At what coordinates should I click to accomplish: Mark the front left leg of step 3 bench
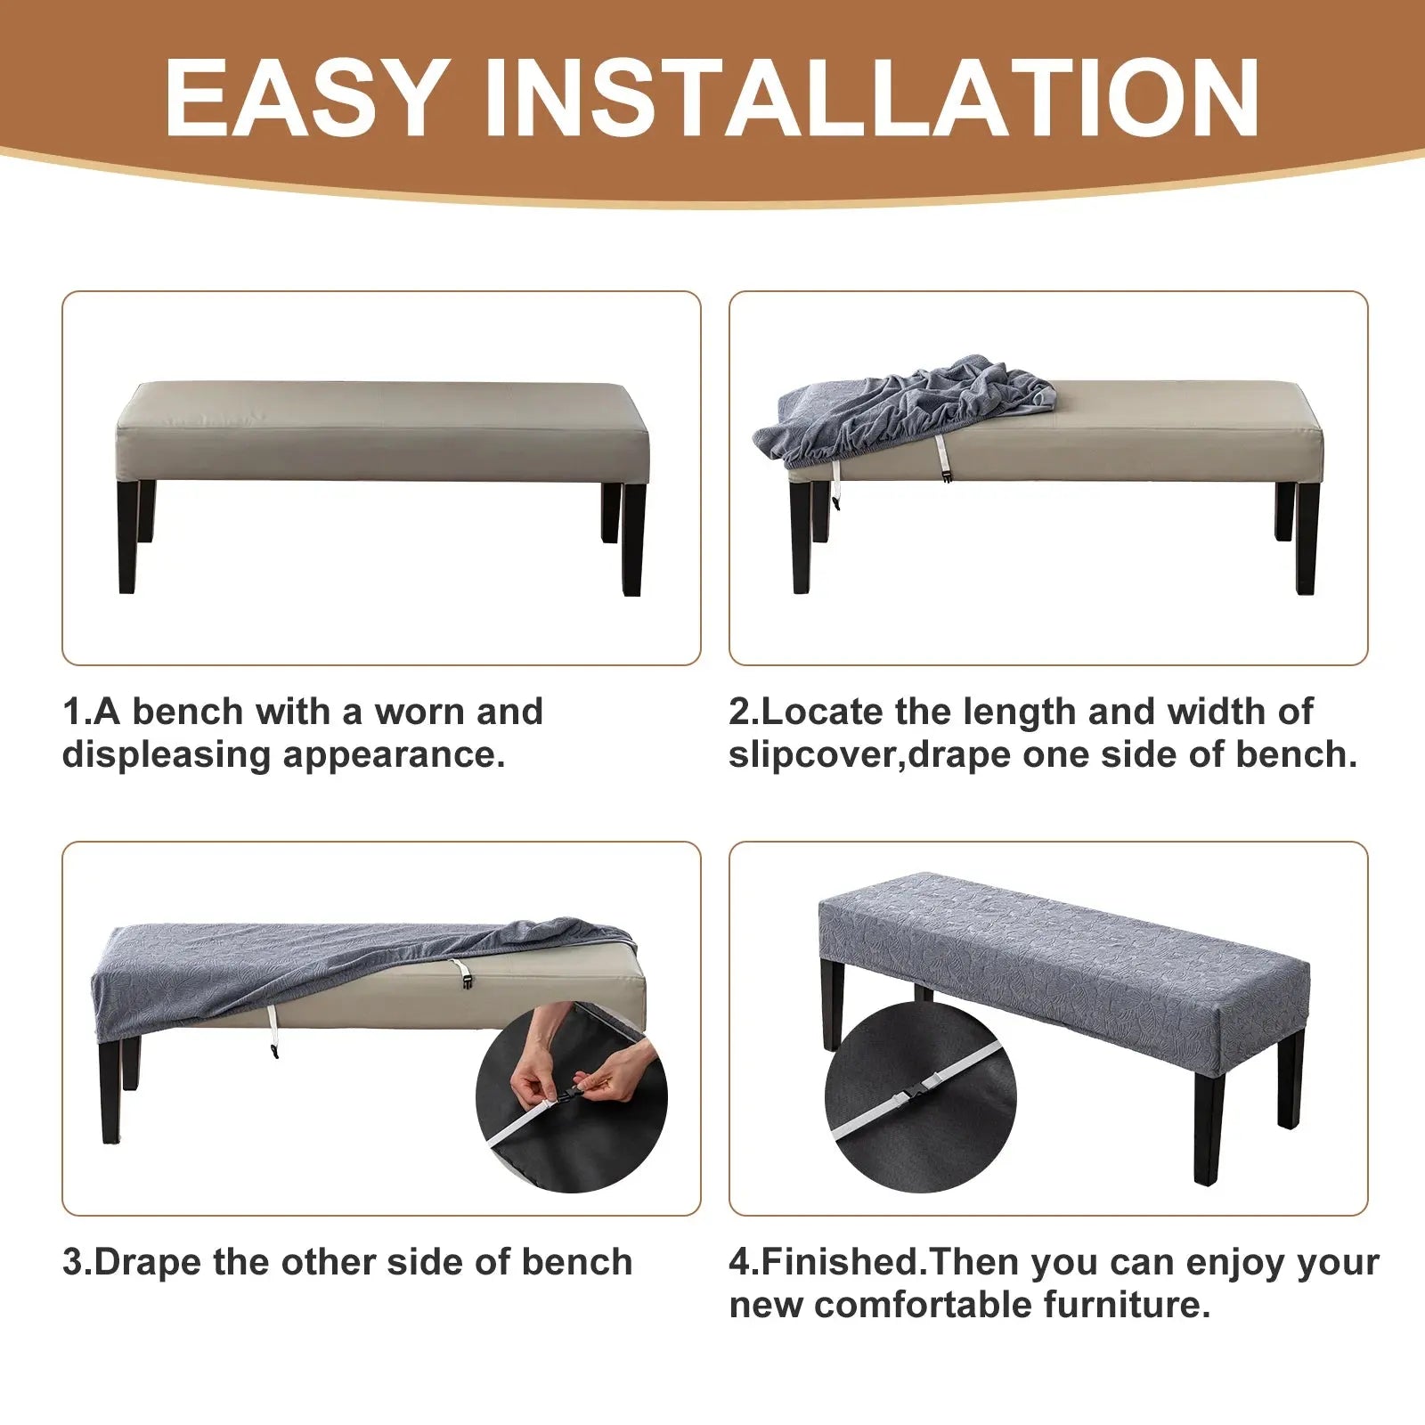tap(111, 1091)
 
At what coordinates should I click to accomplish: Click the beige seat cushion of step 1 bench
tap(383, 432)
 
